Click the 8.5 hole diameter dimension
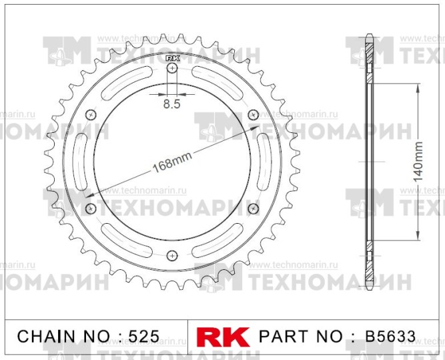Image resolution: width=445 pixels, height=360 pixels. point(171,104)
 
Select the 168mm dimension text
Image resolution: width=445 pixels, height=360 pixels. point(172,162)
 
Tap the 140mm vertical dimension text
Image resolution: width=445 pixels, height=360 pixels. point(418,162)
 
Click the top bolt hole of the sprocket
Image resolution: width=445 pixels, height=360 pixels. point(172,68)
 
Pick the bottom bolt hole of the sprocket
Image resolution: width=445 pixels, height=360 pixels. point(172,255)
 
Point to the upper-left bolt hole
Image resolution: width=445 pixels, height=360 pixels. point(91,115)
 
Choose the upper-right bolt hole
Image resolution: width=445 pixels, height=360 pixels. point(253,115)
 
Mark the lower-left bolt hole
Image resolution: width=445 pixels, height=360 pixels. point(91,209)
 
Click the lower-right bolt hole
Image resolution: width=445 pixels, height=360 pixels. point(253,209)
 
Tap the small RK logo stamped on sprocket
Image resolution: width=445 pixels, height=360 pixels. point(172,59)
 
